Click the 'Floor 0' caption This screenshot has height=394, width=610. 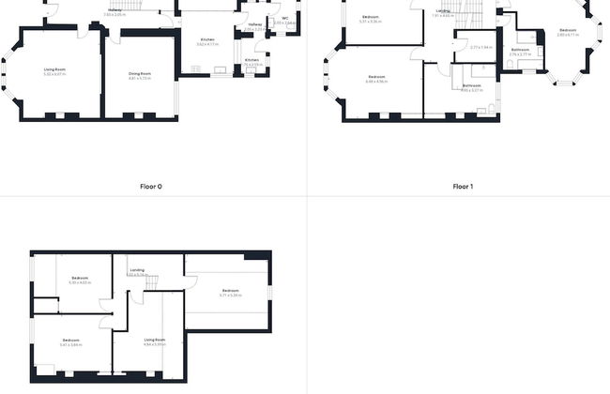(x=151, y=187)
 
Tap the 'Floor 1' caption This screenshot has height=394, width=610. (x=463, y=187)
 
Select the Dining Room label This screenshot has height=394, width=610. (x=139, y=73)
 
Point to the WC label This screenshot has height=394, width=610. (x=284, y=18)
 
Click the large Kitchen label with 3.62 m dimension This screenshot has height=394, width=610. (x=207, y=39)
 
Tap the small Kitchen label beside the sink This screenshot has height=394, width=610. (x=252, y=60)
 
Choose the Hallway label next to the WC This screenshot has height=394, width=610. (x=255, y=24)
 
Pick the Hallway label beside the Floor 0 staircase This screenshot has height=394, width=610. (x=114, y=10)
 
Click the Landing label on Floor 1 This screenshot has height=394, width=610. (x=443, y=10)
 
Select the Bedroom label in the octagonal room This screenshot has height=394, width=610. (x=568, y=29)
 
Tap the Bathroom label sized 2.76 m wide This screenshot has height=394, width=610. (x=520, y=50)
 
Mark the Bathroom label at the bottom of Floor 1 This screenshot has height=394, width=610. (x=471, y=85)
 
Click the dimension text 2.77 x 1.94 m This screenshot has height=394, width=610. (x=480, y=47)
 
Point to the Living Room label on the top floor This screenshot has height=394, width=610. (x=154, y=340)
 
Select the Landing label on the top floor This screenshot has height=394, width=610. (x=137, y=270)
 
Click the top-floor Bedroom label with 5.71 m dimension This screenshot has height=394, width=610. (x=231, y=291)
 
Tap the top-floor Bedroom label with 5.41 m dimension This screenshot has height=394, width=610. (x=71, y=341)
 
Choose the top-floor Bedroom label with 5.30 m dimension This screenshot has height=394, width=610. (x=80, y=278)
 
